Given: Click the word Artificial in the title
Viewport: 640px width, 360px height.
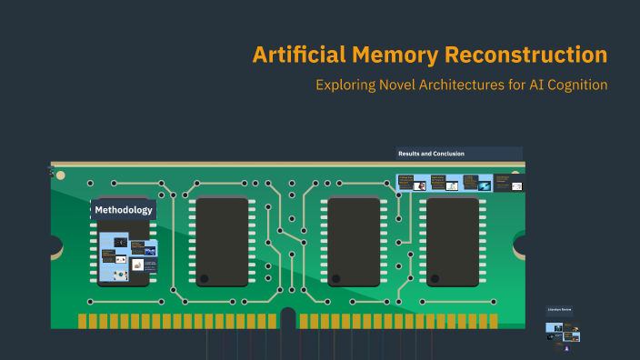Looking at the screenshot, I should point(298,55).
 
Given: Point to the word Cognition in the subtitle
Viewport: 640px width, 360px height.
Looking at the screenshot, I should point(570,85).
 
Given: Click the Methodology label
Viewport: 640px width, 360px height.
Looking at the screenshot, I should point(123,210).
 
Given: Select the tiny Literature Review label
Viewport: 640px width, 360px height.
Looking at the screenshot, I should point(559,310).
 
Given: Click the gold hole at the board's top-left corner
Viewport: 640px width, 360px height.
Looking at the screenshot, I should point(60,175).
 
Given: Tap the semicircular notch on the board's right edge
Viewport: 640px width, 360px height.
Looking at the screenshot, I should point(520,245).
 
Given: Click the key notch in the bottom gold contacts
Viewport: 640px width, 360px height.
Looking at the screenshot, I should point(288,317).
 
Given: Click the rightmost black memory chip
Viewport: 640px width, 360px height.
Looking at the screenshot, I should point(453,241).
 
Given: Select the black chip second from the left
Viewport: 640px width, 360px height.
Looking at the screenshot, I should point(223,241).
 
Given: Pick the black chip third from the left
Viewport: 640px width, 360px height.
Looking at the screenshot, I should point(354,241).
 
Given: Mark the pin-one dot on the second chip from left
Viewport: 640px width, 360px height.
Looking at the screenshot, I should point(204,279).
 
